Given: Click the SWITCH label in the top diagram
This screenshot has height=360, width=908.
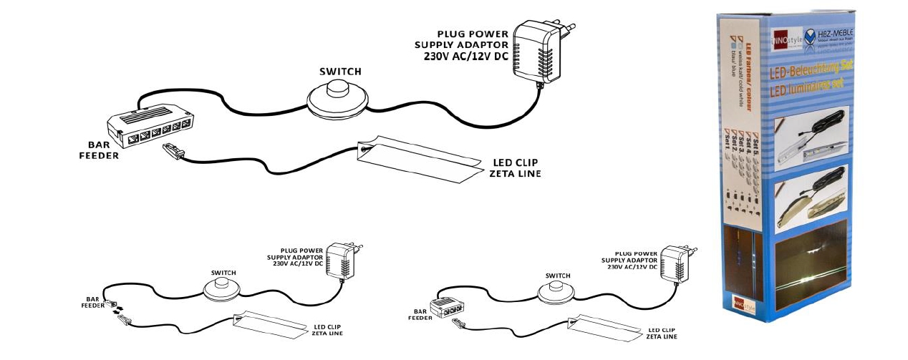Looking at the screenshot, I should click(339, 72).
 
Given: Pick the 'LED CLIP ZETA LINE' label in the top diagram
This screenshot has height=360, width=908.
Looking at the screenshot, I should click(514, 167).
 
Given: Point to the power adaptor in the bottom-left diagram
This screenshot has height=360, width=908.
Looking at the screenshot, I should click(339, 262).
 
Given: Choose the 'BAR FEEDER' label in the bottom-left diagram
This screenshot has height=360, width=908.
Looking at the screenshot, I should click(92, 303).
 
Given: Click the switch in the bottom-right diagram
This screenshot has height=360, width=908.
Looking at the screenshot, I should click(556, 290).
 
